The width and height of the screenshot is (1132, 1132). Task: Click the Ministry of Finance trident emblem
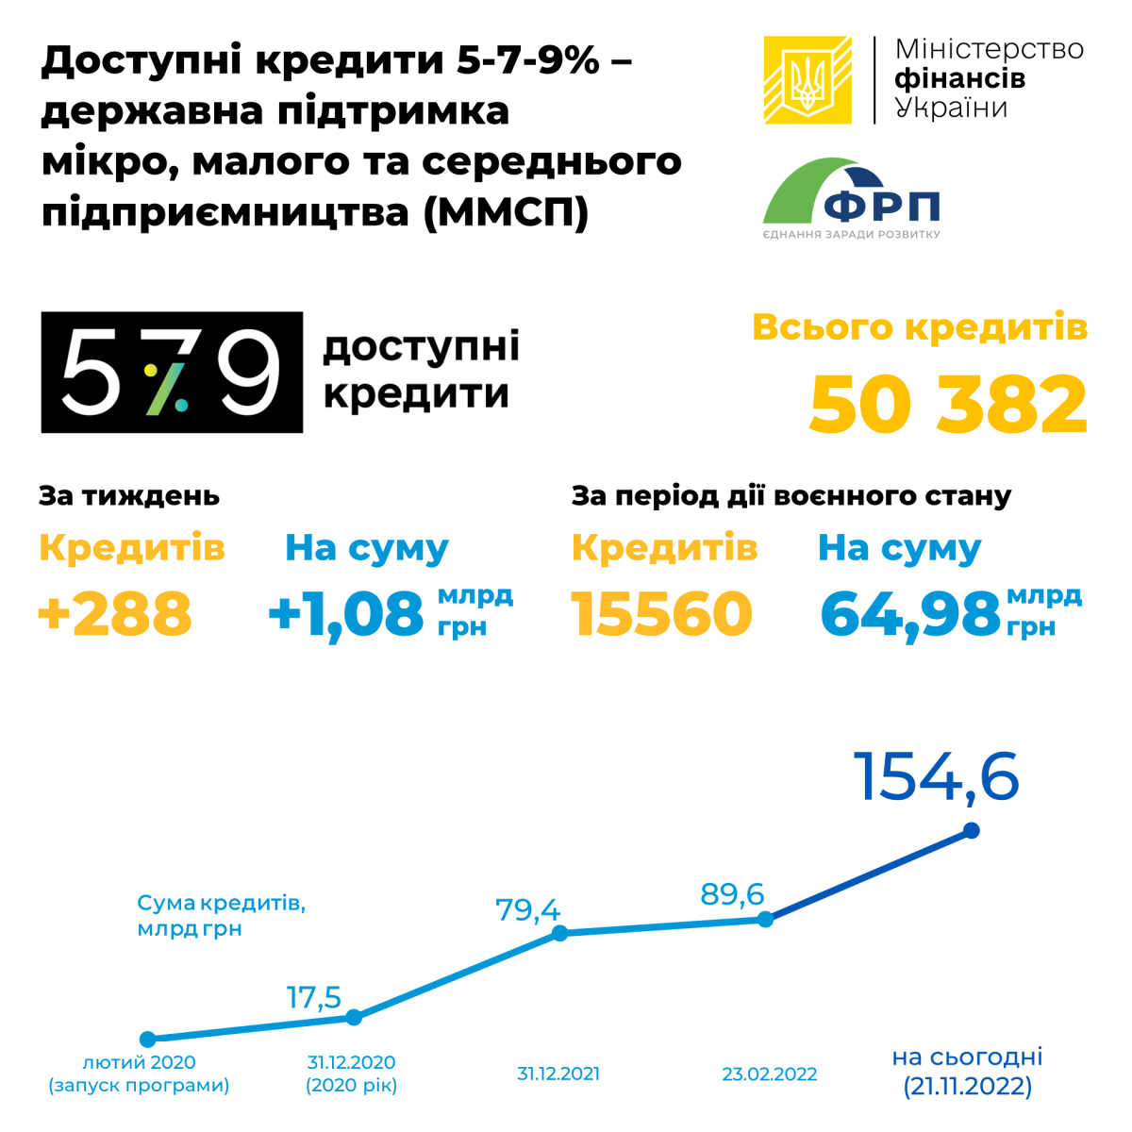tap(807, 80)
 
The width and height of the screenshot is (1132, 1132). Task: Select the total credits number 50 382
tap(948, 405)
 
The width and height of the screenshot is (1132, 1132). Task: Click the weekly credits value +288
tap(115, 613)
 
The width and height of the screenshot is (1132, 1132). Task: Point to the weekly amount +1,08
tap(346, 613)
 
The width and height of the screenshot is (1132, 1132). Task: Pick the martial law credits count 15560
tap(662, 613)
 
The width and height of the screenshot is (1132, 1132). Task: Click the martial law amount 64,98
tap(909, 613)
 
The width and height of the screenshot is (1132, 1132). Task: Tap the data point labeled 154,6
tap(972, 830)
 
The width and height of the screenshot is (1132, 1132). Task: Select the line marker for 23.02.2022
tap(766, 919)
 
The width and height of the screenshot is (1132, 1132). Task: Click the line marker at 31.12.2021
tap(559, 933)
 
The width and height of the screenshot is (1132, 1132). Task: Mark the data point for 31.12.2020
tap(354, 1017)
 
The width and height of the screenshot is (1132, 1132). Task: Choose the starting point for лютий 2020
tap(147, 1040)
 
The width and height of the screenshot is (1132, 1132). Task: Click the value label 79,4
tap(527, 910)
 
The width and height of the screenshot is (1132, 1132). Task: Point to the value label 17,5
tap(314, 997)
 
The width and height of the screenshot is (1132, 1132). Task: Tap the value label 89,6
tap(732, 893)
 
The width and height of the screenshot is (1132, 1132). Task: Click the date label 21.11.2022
tap(968, 1087)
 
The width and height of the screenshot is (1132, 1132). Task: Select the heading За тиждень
tap(129, 496)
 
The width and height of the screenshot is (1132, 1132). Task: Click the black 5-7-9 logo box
tap(172, 373)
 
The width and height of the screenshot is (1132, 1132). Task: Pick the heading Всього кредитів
tap(920, 327)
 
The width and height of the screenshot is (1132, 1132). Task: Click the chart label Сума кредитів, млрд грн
tap(221, 915)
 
